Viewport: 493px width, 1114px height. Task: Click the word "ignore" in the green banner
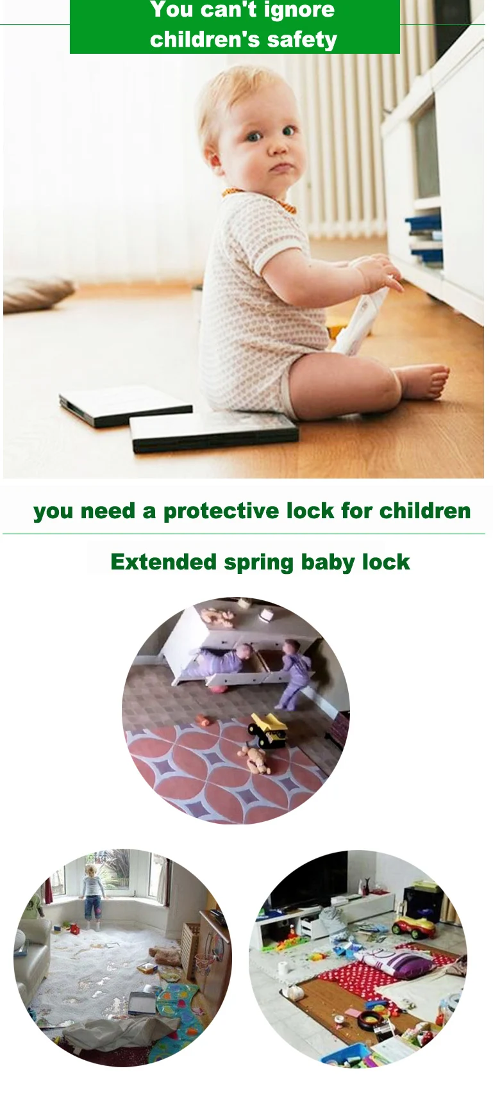(x=299, y=10)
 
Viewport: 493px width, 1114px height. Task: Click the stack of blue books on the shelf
(x=424, y=240)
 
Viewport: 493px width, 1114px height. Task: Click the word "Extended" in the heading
(x=163, y=562)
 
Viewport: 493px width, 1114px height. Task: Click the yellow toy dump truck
(x=267, y=730)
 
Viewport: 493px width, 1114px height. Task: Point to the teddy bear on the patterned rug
(x=255, y=760)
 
